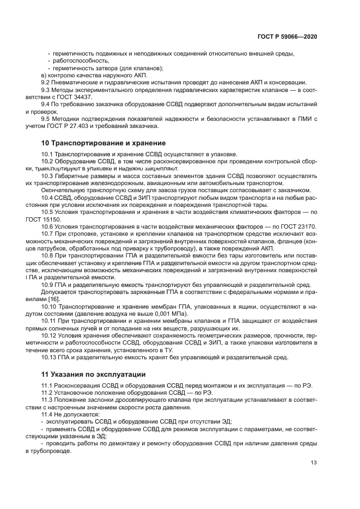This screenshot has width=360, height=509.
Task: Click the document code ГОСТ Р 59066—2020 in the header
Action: tap(287, 36)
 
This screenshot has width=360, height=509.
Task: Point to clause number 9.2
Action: tap(46, 82)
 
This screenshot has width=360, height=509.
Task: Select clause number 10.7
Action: tap(48, 233)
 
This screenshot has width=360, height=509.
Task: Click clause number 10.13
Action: tap(50, 357)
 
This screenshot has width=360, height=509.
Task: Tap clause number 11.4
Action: tap(48, 414)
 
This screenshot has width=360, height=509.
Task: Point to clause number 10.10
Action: tap(50, 307)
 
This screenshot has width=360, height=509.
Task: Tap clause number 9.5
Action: tap(46, 118)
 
